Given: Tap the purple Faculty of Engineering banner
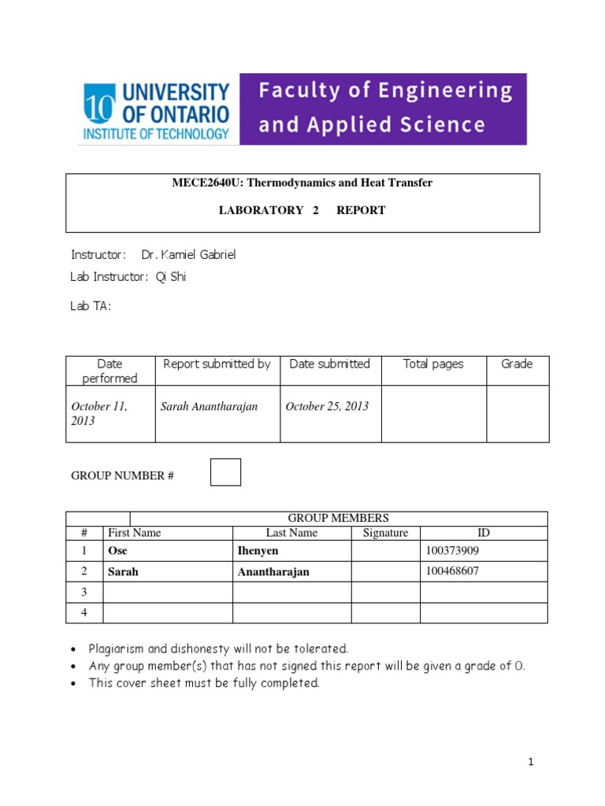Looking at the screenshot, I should click(x=383, y=109).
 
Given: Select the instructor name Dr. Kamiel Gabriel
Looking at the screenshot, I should click(x=188, y=255).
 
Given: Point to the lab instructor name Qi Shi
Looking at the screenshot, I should click(x=172, y=276).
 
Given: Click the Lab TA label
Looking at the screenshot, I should click(x=91, y=306).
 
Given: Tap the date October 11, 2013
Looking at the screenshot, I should click(x=100, y=413).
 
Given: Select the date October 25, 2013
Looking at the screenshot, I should click(x=327, y=406).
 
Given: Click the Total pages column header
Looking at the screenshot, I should click(x=433, y=364).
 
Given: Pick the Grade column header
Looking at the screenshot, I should click(x=517, y=364).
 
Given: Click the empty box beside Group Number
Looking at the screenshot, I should click(x=226, y=472).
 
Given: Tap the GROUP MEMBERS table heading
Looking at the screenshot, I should click(x=339, y=518).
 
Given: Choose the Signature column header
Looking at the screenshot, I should click(x=385, y=533).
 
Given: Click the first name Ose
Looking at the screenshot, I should click(x=117, y=551).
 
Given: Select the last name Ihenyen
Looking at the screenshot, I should click(x=258, y=551).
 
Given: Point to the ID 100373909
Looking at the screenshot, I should click(x=452, y=551).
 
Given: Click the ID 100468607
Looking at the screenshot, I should click(x=452, y=571).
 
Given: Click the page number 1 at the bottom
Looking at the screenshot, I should click(x=532, y=762).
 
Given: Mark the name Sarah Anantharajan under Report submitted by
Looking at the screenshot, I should click(x=209, y=406).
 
